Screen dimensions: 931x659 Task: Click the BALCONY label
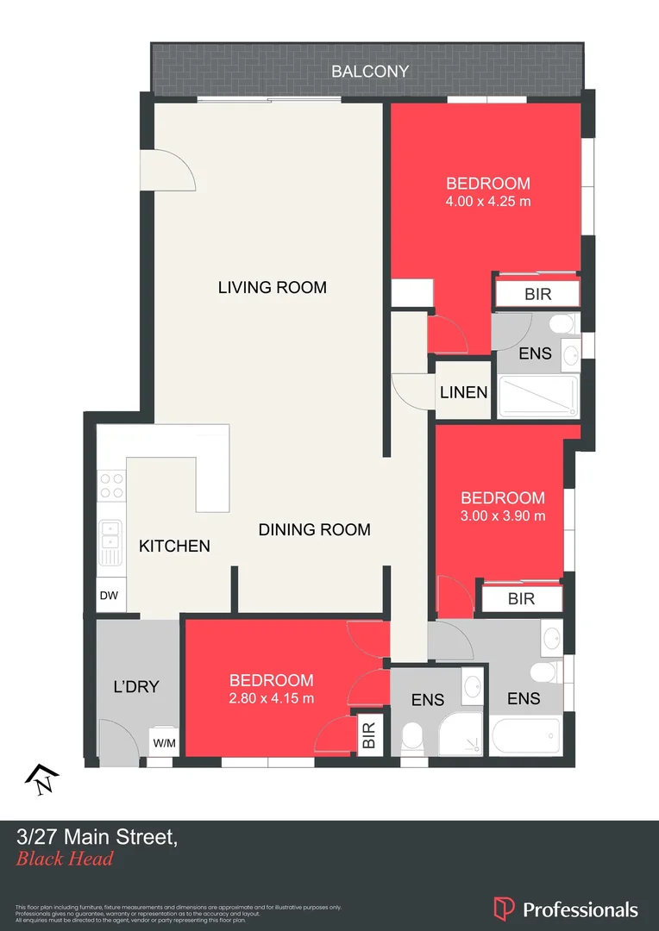(370, 72)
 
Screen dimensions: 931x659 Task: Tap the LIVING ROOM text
(272, 287)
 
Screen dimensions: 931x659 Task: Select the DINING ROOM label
(314, 530)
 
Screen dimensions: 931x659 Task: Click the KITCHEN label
(174, 546)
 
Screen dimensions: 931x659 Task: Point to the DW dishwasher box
(110, 596)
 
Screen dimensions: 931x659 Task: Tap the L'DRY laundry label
(136, 687)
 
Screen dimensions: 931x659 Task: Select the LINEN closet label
(463, 392)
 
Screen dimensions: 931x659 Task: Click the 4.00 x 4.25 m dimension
(487, 203)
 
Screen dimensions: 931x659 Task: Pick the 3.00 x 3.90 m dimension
(502, 516)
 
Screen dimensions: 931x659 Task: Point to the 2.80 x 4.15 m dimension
(270, 698)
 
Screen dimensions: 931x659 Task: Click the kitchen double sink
(110, 543)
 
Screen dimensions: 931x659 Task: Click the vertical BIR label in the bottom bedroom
(369, 735)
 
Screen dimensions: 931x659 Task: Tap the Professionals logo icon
(503, 909)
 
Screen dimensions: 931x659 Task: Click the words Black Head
(65, 859)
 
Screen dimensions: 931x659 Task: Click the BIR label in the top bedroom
(537, 295)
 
